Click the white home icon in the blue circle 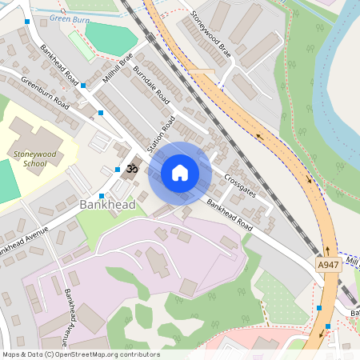point(179,173)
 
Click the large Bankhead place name point(107,206)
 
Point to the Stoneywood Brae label point(211,31)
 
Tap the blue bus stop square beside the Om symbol point(106,170)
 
